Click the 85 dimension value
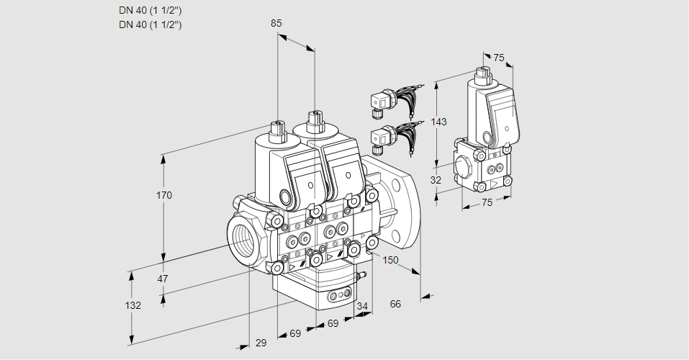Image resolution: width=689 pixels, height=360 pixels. (276, 23)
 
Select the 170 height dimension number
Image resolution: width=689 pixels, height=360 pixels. (164, 195)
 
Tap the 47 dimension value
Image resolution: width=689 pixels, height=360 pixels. (163, 279)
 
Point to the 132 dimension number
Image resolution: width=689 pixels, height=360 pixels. (133, 305)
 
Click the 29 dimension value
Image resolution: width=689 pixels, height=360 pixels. (261, 343)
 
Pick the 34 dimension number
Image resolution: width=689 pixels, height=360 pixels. (361, 306)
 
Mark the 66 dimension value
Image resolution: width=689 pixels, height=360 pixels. (395, 304)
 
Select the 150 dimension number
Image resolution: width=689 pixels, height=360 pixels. (390, 260)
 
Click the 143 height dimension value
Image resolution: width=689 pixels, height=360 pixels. (438, 122)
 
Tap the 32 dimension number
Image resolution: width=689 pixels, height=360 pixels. (436, 180)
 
